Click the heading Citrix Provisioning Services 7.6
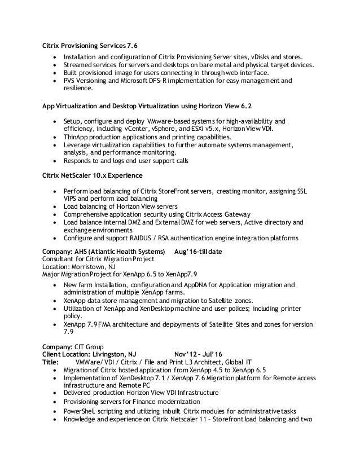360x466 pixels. pos(90,46)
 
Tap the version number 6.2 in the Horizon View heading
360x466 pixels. pos(246,106)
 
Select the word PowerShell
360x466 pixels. pos(80,411)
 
